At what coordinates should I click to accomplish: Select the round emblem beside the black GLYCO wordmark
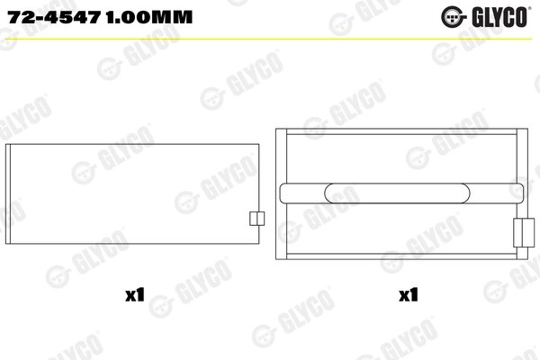[x=472, y=16]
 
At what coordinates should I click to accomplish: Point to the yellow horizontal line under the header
[x=270, y=38]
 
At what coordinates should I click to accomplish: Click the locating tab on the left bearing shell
[x=255, y=219]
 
